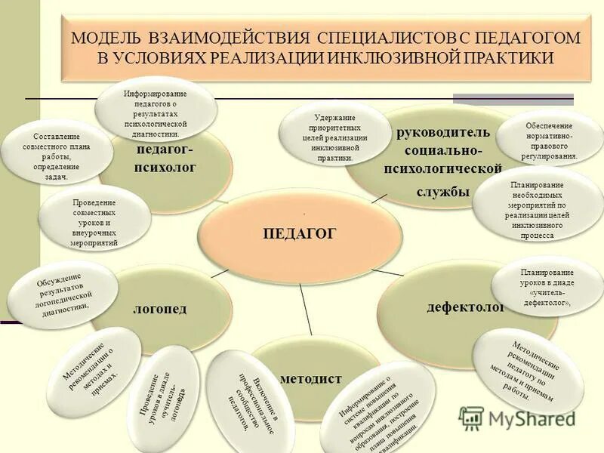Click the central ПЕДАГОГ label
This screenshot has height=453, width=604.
point(299,233)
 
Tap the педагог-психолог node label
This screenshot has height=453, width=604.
point(165,158)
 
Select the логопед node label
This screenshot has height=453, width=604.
point(159,309)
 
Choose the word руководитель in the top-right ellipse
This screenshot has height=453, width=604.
point(443,132)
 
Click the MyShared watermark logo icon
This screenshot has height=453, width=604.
point(471,418)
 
